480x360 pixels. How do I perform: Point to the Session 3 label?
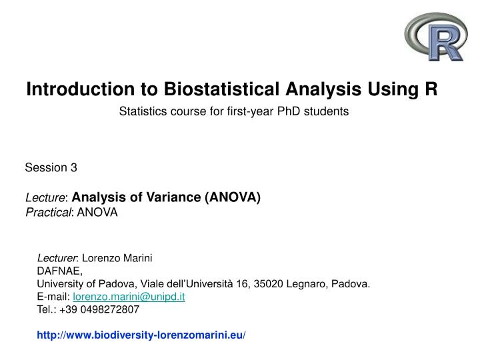pyautogui.click(x=51, y=167)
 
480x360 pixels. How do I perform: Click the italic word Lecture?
pyautogui.click(x=46, y=197)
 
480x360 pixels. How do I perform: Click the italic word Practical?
pyautogui.click(x=49, y=212)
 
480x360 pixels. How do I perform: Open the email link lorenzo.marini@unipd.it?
pyautogui.click(x=129, y=297)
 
